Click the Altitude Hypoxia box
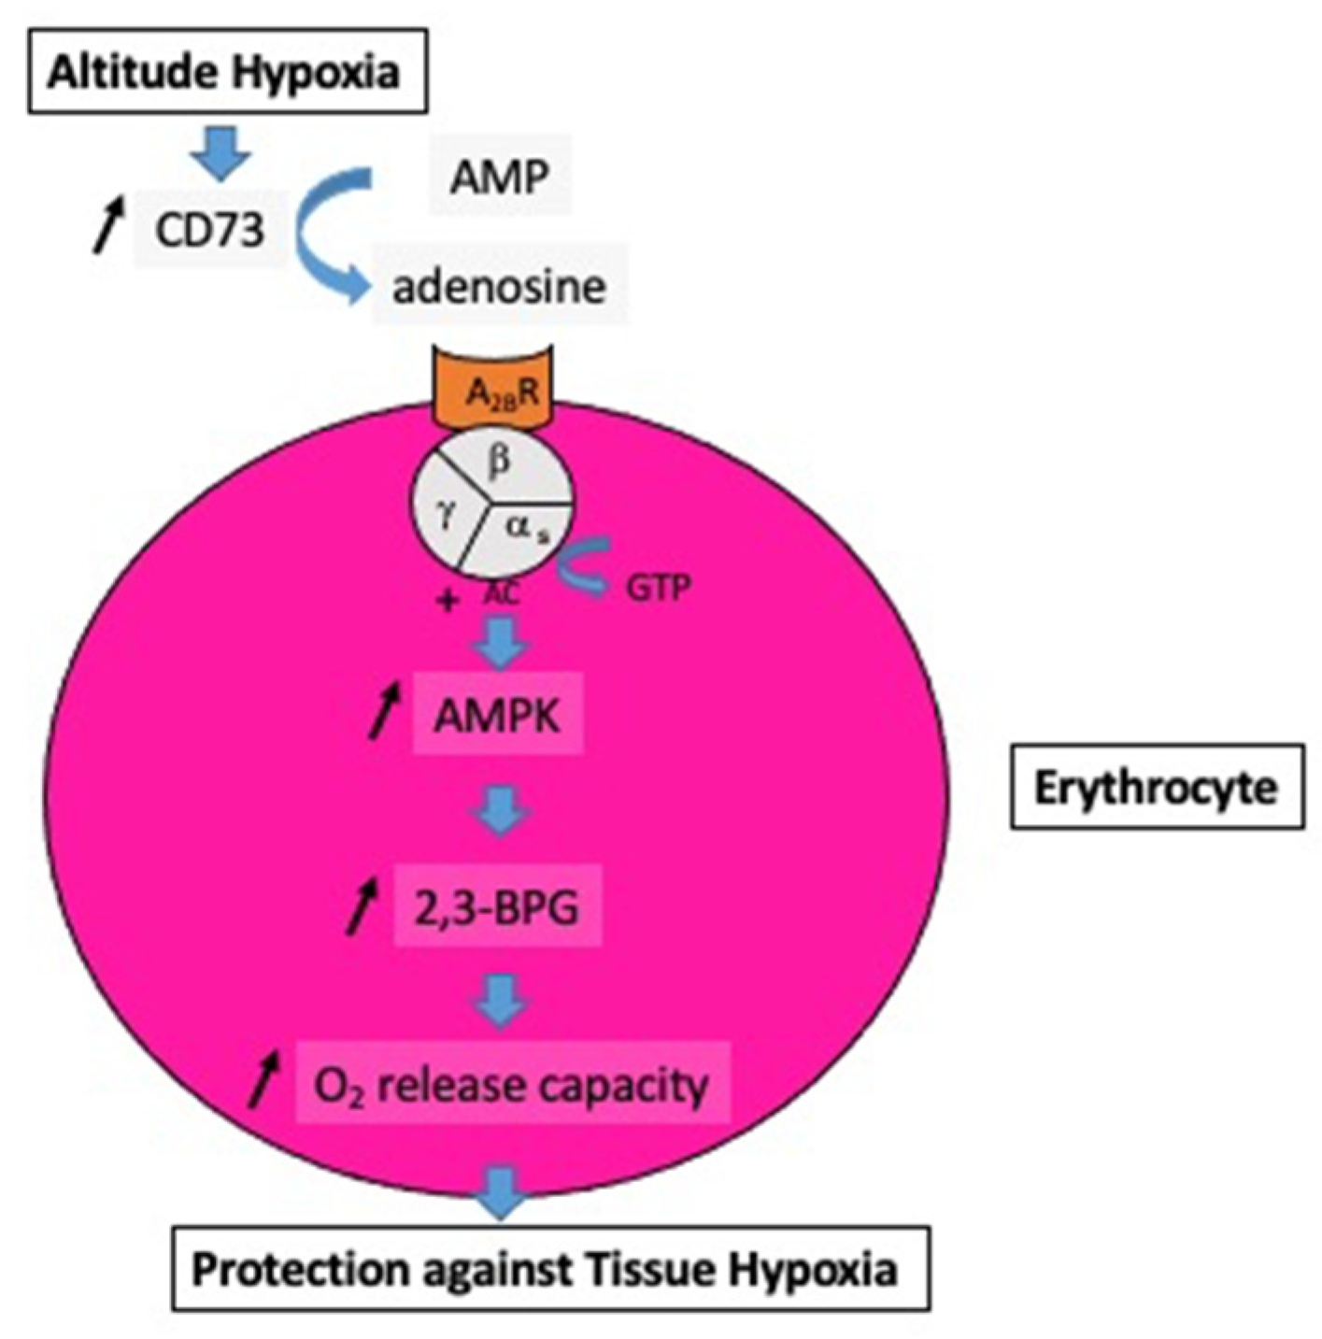[227, 72]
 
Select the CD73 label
[209, 228]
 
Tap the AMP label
[499, 176]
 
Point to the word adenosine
[499, 286]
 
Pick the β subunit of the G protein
[501, 462]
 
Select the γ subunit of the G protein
[446, 515]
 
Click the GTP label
[658, 588]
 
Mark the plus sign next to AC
[448, 600]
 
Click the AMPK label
[498, 716]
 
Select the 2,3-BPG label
[497, 907]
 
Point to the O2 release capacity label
[511, 1086]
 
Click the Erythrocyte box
[1156, 788]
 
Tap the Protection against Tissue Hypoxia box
[549, 1269]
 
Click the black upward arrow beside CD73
[107, 224]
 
